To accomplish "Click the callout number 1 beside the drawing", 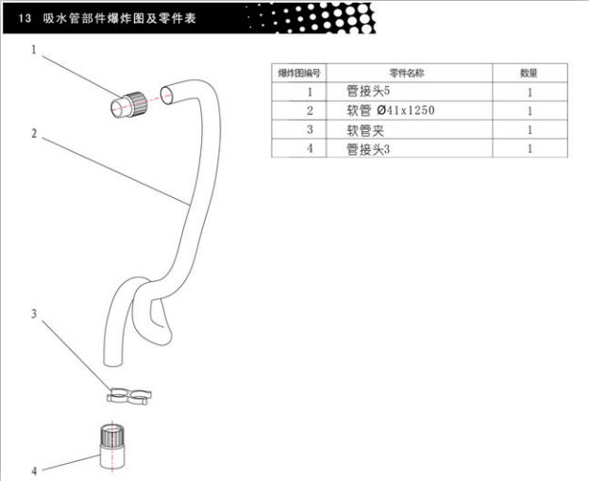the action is click(34, 50).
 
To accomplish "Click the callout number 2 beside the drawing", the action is click(34, 134).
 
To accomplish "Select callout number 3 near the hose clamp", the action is click(34, 314).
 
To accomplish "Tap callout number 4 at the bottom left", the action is click(34, 471).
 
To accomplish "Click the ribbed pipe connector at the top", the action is click(128, 105).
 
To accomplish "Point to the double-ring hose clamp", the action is click(128, 396).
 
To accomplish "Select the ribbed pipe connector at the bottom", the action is click(112, 446).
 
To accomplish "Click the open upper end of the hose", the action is click(166, 95).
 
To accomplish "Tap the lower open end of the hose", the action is click(112, 361).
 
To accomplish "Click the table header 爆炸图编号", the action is click(299, 74).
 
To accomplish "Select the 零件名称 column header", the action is click(407, 74).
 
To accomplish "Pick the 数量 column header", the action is click(529, 74).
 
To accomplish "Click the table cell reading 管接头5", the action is click(368, 91).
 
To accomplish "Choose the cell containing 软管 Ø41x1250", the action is click(390, 110).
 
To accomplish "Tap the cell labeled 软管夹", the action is click(365, 130).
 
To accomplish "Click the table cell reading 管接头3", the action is click(368, 149).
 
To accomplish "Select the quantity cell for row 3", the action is click(530, 130).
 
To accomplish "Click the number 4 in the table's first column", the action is click(310, 149).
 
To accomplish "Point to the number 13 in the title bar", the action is click(25, 18).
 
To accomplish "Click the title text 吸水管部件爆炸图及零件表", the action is click(120, 18).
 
